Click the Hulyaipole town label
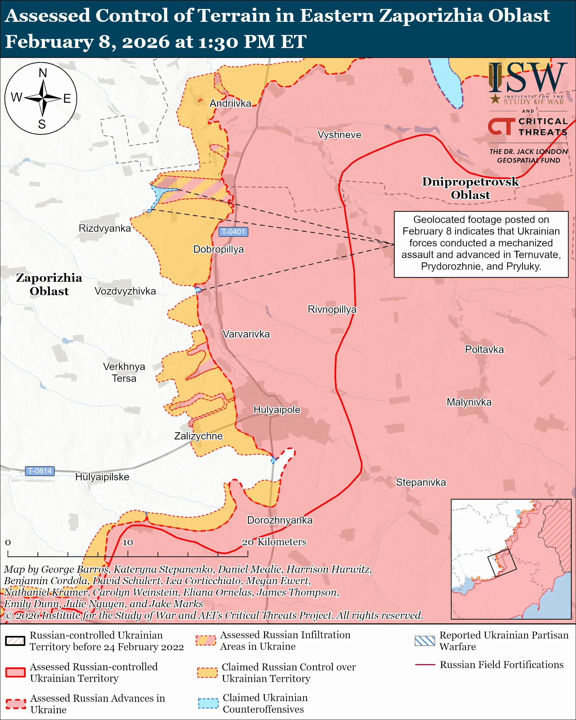tap(277, 410)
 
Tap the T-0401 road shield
tap(233, 231)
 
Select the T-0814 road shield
tap(40, 471)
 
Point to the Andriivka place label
tap(230, 104)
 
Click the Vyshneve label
tap(339, 135)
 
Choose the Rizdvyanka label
tap(105, 228)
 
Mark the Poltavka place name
tap(484, 350)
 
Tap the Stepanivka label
tap(421, 483)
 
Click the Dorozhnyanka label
tap(279, 520)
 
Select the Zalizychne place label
tap(198, 436)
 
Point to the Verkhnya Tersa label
tap(124, 373)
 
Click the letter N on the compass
tap(43, 73)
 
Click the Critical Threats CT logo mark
tap(501, 126)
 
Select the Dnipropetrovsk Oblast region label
tap(470, 188)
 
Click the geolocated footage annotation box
tap(481, 244)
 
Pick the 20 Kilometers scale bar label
tap(274, 542)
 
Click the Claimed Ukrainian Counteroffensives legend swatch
tap(208, 703)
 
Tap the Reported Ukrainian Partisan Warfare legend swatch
tap(425, 641)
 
